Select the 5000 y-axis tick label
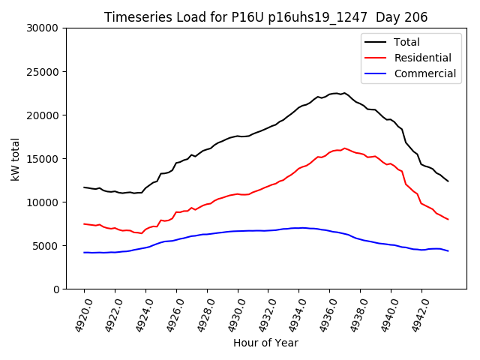click(46, 246)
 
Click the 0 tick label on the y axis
click(56, 289)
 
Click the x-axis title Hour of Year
click(265, 343)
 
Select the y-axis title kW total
click(15, 158)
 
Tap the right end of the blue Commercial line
click(448, 250)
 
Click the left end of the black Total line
click(84, 187)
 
